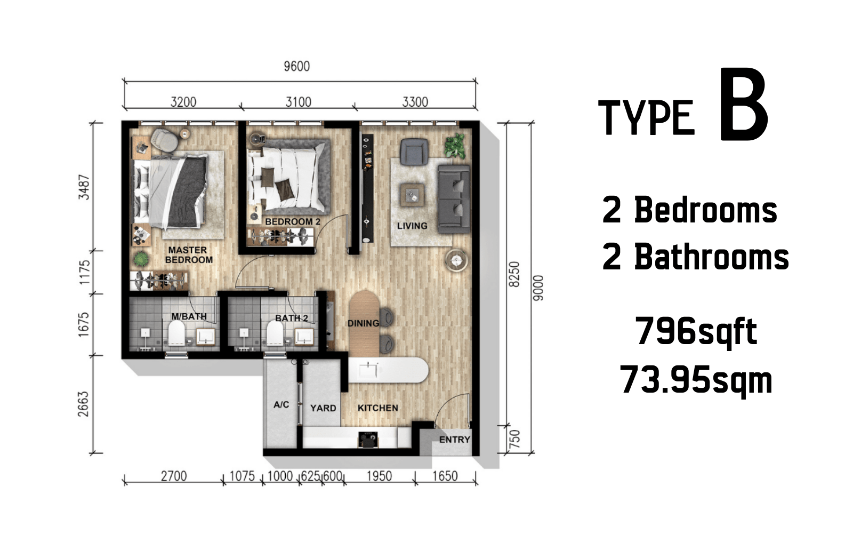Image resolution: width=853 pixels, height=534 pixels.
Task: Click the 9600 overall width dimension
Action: [x=296, y=66]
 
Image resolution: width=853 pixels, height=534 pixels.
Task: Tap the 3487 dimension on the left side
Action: [x=84, y=187]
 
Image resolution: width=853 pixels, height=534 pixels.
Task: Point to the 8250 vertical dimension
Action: [x=514, y=274]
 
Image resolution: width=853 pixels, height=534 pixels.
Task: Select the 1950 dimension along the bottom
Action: [x=379, y=476]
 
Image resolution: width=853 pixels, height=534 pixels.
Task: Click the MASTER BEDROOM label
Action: [x=189, y=255]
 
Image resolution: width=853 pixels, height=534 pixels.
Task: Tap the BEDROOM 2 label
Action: [x=293, y=221]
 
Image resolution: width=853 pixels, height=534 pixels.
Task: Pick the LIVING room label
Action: [x=412, y=226]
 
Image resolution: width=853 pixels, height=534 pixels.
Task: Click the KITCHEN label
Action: [x=378, y=408]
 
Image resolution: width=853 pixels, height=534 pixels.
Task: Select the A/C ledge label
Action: [x=281, y=405]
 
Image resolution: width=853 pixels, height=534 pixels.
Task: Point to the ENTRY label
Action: [x=455, y=440]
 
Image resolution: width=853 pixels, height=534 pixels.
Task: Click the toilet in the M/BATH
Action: [x=176, y=332]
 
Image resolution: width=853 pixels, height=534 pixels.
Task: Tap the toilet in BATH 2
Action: [x=275, y=333]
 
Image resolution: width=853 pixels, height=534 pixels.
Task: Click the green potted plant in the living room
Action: [x=455, y=145]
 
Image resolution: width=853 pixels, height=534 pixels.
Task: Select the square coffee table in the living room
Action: [x=412, y=195]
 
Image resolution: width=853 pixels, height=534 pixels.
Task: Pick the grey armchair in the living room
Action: [x=414, y=152]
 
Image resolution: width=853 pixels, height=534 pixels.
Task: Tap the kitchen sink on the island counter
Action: [x=368, y=370]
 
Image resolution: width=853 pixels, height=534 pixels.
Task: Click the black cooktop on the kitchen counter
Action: [x=368, y=440]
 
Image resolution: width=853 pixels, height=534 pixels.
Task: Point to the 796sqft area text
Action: [x=696, y=332]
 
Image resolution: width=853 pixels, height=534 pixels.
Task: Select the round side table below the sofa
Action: [x=456, y=260]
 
